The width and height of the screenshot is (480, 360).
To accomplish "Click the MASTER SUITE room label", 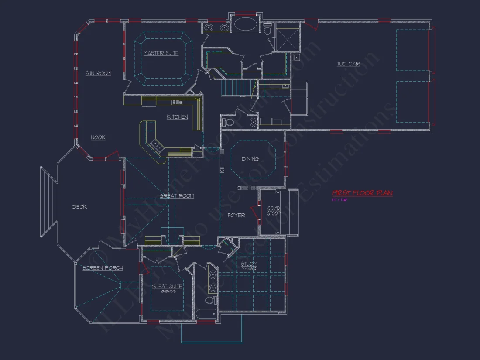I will point(161,53).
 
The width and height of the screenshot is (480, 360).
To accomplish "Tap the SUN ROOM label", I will point(98,73).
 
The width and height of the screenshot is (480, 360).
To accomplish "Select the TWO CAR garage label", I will point(348,64).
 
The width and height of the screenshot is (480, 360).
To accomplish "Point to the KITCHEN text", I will point(177,117).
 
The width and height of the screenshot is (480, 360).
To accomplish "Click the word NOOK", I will point(98,137).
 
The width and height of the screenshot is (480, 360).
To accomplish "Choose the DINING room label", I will point(250,159).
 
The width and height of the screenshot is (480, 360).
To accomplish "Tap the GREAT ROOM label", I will point(177,196).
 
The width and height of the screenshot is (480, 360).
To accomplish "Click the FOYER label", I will point(236,216).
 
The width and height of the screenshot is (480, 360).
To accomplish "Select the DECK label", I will point(79,207).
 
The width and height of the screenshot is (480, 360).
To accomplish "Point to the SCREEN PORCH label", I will point(103,268).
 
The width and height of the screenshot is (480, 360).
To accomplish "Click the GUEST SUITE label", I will point(167,287).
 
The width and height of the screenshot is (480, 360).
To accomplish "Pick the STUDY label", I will point(249,264).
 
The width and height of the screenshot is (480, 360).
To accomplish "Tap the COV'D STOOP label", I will point(274,211).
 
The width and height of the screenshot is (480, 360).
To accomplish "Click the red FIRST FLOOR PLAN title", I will point(362,193).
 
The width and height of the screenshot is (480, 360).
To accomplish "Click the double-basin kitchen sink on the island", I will point(156,145).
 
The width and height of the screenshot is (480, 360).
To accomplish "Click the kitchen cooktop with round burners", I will point(177,102).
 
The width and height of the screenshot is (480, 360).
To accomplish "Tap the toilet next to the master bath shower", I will point(267,30).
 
